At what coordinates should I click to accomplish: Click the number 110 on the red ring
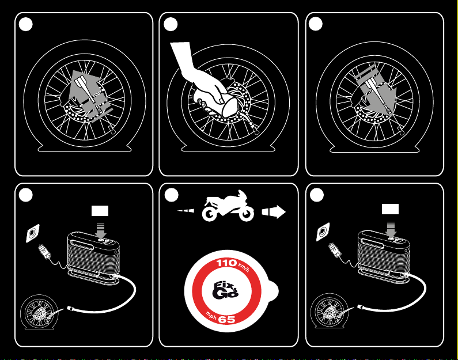(x=226, y=263)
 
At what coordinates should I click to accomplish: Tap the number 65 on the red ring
(x=226, y=320)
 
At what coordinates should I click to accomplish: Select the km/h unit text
(x=244, y=267)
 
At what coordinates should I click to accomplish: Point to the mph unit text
(x=211, y=315)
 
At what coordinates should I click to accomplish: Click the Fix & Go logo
(x=225, y=290)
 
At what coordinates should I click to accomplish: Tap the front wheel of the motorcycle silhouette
(x=246, y=214)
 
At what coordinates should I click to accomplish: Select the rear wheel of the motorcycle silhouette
(x=210, y=214)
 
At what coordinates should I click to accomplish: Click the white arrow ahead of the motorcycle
(x=274, y=212)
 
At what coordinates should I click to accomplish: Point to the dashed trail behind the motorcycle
(x=186, y=210)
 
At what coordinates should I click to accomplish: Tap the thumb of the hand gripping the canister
(x=218, y=94)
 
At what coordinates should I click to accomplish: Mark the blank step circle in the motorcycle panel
(x=171, y=195)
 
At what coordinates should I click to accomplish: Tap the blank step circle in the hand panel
(x=171, y=24)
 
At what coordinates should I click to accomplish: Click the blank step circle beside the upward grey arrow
(x=26, y=24)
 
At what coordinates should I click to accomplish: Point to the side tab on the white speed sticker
(x=274, y=291)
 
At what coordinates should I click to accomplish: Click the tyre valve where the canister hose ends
(x=256, y=131)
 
